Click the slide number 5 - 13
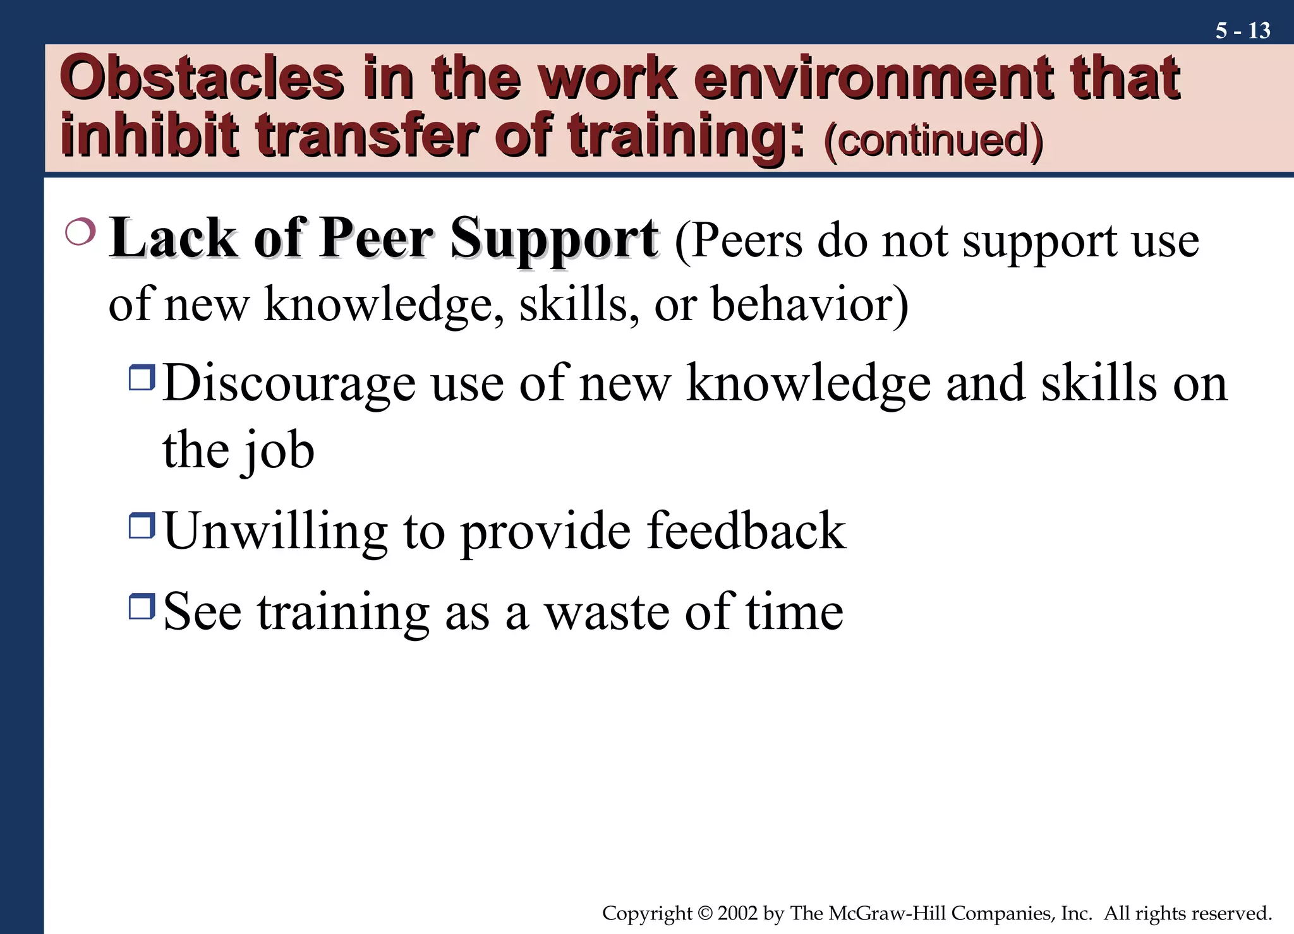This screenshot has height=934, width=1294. [x=1242, y=30]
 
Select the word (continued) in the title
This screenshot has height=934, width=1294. [x=933, y=140]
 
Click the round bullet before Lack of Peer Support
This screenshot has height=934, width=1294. [x=80, y=232]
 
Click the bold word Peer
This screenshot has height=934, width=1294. [x=377, y=239]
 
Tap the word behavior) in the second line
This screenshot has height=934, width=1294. [x=810, y=304]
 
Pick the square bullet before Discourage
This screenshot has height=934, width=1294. [x=142, y=378]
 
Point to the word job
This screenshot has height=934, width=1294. [x=279, y=451]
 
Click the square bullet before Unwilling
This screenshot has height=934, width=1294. [x=142, y=525]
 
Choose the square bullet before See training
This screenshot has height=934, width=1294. [x=142, y=606]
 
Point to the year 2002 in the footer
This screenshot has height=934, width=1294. [x=737, y=913]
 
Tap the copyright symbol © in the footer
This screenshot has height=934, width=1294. [x=705, y=913]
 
